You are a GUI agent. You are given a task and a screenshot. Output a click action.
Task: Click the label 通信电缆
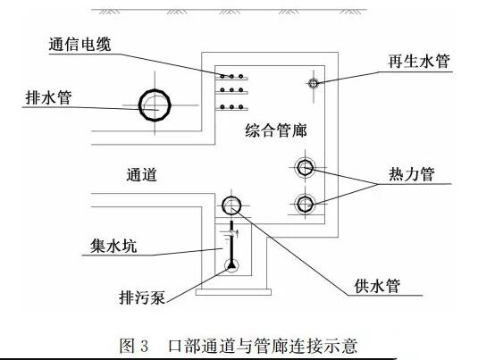tap(80, 45)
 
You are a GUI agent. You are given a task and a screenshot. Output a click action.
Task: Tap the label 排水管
tap(49, 97)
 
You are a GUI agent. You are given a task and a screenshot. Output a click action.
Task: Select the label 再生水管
tap(419, 62)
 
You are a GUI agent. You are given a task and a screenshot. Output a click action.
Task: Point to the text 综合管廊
tap(276, 130)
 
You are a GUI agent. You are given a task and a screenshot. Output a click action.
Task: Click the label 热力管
tap(412, 174)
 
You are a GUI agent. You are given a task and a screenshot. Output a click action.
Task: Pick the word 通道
tap(142, 175)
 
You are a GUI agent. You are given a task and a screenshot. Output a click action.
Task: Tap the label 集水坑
tap(113, 246)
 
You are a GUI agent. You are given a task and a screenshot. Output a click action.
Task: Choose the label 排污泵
tap(142, 297)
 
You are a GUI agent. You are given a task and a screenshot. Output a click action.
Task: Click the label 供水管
tap(377, 286)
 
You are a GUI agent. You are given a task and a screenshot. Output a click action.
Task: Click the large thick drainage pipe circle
tap(139, 105)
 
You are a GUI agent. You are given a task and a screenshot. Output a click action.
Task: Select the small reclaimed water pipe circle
tap(314, 83)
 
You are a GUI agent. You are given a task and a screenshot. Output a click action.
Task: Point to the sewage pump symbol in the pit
tap(231, 266)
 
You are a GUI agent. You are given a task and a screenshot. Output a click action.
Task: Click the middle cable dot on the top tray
tap(231, 76)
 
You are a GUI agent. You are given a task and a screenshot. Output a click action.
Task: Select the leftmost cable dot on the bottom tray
tap(222, 107)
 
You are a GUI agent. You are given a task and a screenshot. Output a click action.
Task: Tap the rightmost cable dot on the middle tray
tap(241, 90)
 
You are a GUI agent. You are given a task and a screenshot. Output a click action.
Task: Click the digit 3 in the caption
tap(145, 346)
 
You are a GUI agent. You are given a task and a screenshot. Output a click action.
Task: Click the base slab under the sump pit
tap(233, 292)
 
